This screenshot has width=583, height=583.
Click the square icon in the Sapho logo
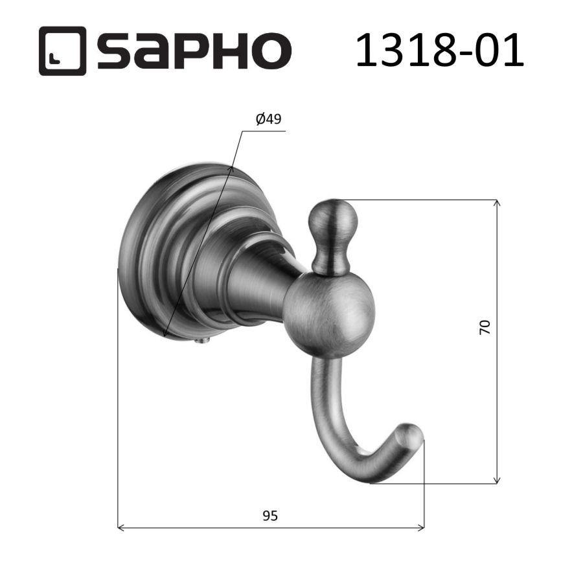tap(62, 51)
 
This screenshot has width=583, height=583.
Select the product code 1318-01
tap(439, 50)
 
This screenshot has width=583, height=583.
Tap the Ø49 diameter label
tap(268, 119)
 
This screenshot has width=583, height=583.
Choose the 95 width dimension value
tap(270, 516)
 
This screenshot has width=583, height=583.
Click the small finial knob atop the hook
tap(333, 220)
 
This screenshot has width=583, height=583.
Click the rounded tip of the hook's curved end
tap(413, 433)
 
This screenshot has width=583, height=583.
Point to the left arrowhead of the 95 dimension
tap(121, 528)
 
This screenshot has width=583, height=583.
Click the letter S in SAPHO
tap(115, 51)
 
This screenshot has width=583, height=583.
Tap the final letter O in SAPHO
tap(270, 51)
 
